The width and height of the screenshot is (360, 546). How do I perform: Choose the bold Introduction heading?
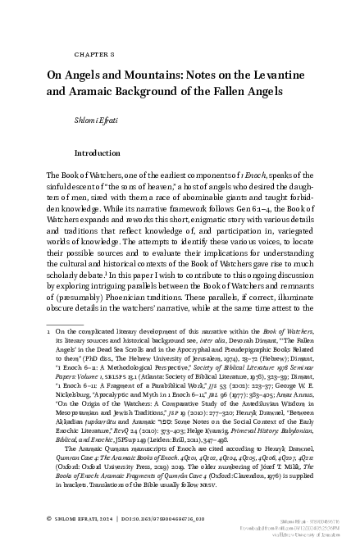click(x=98, y=153)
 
